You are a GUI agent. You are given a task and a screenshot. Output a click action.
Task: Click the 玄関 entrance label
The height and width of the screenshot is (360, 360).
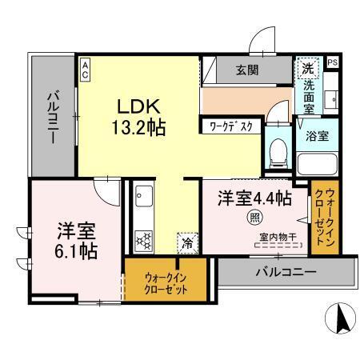(246, 71)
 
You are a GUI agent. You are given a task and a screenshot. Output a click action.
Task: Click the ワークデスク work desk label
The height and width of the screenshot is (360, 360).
(231, 126)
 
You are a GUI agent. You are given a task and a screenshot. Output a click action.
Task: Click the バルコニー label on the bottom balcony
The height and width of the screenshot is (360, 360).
(286, 272)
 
